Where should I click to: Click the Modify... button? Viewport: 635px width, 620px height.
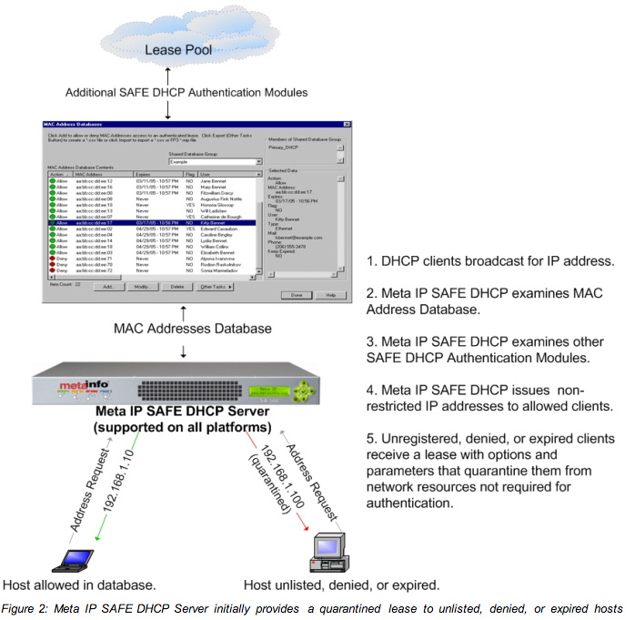[141, 286]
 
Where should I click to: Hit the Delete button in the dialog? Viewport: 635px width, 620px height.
[177, 286]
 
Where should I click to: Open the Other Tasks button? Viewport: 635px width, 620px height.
[216, 286]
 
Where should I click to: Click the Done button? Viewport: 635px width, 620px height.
[297, 295]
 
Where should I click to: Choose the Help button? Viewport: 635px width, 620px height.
[330, 295]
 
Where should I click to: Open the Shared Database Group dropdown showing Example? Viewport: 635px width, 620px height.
[215, 161]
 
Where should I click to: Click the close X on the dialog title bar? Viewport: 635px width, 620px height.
[348, 123]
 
